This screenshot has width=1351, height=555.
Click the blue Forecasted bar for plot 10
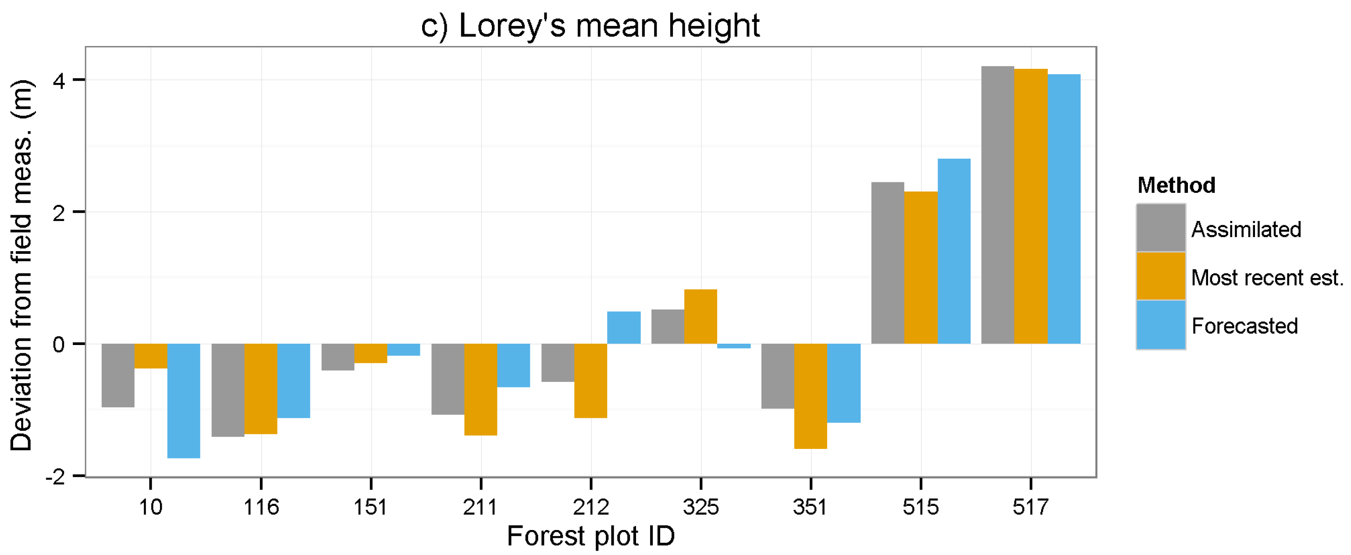pyautogui.click(x=184, y=400)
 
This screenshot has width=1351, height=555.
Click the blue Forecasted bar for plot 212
pyautogui.click(x=624, y=327)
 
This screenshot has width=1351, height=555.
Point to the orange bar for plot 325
pyautogui.click(x=700, y=317)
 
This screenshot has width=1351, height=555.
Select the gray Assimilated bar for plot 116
pyautogui.click(x=228, y=390)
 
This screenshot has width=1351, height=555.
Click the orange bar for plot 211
pyautogui.click(x=480, y=389)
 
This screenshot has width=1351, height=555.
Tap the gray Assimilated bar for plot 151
pyautogui.click(x=338, y=357)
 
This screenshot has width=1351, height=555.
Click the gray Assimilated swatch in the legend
pyautogui.click(x=1161, y=228)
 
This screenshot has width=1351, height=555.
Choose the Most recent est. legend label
pyautogui.click(x=1266, y=277)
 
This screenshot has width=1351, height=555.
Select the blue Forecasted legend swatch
pyautogui.click(x=1161, y=325)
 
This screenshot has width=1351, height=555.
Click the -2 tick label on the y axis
pyautogui.click(x=56, y=477)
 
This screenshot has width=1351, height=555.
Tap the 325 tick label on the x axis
pyautogui.click(x=700, y=507)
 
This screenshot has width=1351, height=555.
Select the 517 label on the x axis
pyautogui.click(x=1030, y=507)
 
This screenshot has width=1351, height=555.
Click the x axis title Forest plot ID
pyautogui.click(x=590, y=536)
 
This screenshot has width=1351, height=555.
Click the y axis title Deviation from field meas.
pyautogui.click(x=22, y=265)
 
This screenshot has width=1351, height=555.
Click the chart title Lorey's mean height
pyautogui.click(x=590, y=25)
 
